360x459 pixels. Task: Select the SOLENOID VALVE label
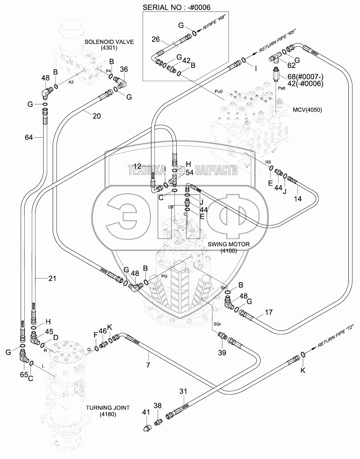[x=109, y=42]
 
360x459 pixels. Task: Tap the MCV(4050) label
[x=306, y=110]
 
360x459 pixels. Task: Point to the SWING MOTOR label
[x=229, y=244]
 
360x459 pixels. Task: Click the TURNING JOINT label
[x=108, y=408]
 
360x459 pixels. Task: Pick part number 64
[x=29, y=137]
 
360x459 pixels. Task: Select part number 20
[x=97, y=115]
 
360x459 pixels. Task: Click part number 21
[x=52, y=278]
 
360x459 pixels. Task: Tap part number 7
[x=148, y=365]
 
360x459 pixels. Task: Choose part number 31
[x=183, y=391]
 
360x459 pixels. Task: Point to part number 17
[x=268, y=312]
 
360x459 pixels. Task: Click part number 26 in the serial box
[x=156, y=39]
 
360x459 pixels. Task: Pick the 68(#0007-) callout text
[x=305, y=76]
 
